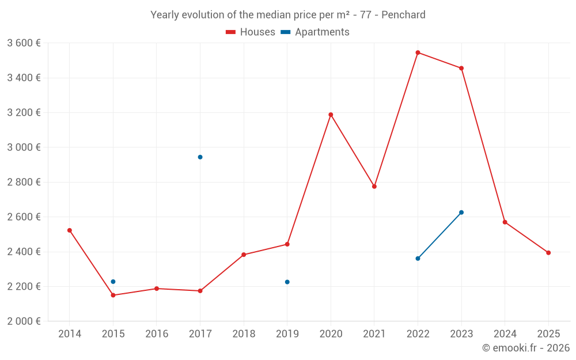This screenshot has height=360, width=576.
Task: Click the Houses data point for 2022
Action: [418, 52]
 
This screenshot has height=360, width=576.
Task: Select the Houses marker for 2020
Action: [331, 115]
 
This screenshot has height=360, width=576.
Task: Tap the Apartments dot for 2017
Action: [200, 157]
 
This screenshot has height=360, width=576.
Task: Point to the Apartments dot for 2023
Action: [461, 213]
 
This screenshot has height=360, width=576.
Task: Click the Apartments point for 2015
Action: [113, 282]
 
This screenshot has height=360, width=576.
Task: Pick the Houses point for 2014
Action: [70, 230]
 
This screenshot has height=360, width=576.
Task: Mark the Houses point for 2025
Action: [548, 253]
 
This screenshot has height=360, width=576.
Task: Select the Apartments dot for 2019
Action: [287, 282]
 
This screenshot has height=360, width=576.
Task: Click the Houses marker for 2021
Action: [374, 187]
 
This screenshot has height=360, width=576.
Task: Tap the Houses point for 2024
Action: [505, 222]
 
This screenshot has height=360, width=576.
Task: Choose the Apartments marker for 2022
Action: [418, 259]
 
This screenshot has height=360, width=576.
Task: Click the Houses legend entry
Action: [251, 32]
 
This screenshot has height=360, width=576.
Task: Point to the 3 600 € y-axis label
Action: [24, 43]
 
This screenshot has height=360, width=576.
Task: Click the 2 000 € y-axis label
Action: [24, 321]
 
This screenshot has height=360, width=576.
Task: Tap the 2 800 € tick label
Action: [24, 182]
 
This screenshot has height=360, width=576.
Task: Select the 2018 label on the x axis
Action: [244, 334]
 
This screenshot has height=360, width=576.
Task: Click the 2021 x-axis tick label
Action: [374, 334]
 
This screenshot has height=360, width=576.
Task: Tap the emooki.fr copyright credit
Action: [526, 348]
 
